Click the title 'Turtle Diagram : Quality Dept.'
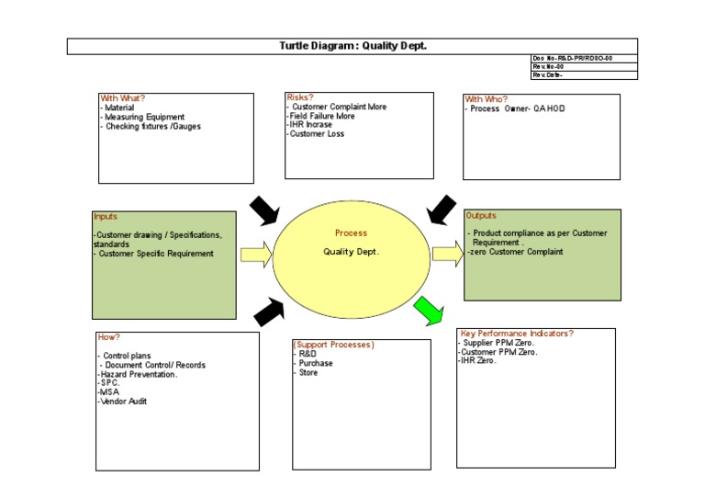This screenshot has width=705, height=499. (x=352, y=46)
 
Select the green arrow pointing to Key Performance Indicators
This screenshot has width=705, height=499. (x=429, y=312)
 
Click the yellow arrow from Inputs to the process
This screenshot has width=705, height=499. (x=256, y=254)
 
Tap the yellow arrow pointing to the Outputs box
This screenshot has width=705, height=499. (x=448, y=253)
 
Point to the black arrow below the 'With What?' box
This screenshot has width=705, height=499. (x=264, y=210)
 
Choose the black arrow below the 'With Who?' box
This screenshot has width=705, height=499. (x=442, y=210)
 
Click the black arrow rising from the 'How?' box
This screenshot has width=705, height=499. (x=269, y=312)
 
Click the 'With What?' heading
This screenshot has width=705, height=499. (x=122, y=98)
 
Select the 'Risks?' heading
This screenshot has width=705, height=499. (x=300, y=96)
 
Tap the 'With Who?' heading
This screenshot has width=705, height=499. (x=487, y=99)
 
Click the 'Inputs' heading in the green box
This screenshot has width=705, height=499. (x=106, y=217)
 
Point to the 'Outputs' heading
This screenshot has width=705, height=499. (x=481, y=215)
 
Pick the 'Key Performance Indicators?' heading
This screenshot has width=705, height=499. (x=516, y=333)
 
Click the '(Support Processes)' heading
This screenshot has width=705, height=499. (x=334, y=345)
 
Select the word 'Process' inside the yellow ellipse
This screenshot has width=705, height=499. (x=351, y=233)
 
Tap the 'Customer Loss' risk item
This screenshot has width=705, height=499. (x=317, y=134)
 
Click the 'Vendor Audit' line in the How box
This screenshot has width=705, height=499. (x=123, y=402)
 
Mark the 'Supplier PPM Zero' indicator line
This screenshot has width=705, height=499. (x=499, y=343)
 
